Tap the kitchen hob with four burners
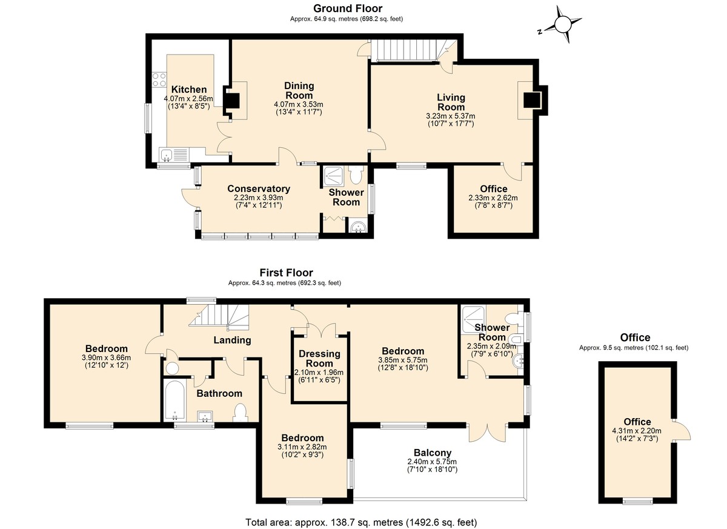[x=159, y=80]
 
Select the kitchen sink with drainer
[x=174, y=155]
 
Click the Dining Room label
[x=299, y=90]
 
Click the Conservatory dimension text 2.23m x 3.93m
[x=258, y=198]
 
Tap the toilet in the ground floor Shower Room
[x=356, y=175]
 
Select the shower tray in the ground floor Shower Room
[x=333, y=176]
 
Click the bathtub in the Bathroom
[x=174, y=399]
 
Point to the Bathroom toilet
[x=241, y=412]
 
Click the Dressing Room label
[x=320, y=358]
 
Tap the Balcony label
[x=433, y=453]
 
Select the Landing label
[x=232, y=340]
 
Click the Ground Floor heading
[x=348, y=8]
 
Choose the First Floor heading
[x=286, y=272]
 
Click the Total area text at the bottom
[x=361, y=522]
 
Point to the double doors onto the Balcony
[x=488, y=432]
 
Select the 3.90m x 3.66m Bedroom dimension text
[x=106, y=358]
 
